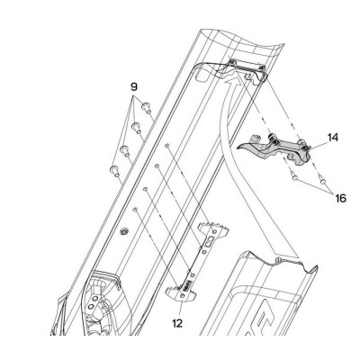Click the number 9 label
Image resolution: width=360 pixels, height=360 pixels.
(x=134, y=87)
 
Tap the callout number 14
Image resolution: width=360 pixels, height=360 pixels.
(x=333, y=138)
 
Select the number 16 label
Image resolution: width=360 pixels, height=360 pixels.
(x=340, y=198)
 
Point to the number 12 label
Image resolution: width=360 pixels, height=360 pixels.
(x=177, y=323)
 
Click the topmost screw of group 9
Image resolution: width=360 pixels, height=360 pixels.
(x=146, y=108)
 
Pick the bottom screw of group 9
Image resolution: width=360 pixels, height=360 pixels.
(x=114, y=171)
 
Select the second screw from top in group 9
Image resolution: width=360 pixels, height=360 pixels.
(x=136, y=128)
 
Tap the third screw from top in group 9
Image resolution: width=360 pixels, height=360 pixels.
(x=124, y=150)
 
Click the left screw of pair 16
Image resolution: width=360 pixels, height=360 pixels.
(x=294, y=177)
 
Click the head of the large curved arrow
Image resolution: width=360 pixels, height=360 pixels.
(x=232, y=80)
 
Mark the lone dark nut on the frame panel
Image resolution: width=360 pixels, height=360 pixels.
(x=122, y=231)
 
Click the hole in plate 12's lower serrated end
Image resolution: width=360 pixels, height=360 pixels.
(x=184, y=296)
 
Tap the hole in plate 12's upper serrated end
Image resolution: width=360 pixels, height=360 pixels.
(x=214, y=231)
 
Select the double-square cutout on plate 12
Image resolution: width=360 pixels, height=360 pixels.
(x=211, y=241)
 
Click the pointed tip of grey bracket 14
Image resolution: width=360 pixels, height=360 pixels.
(x=238, y=147)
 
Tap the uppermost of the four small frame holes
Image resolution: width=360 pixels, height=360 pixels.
(x=167, y=146)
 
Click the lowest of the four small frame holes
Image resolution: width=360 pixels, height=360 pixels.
(x=135, y=209)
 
